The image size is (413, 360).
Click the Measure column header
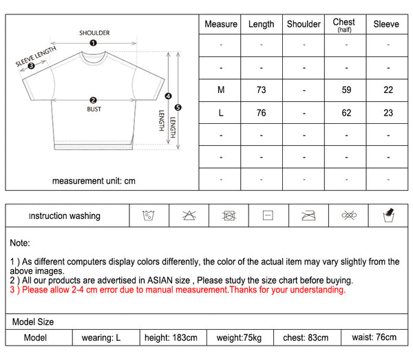tap(221, 24)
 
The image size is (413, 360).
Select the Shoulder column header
tap(304, 24)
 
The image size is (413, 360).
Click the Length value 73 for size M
tap(262, 90)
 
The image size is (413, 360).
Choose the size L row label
tap(221, 113)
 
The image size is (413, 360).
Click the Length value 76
tap(262, 113)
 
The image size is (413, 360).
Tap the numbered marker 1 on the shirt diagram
tap(94, 43)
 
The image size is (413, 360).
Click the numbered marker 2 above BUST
tap(94, 100)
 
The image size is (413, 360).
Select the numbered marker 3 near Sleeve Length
tap(30, 66)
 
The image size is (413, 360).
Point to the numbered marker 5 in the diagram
tap(178, 107)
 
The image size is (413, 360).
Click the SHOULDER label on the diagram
tap(94, 32)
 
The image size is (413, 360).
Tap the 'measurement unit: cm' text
tap(94, 181)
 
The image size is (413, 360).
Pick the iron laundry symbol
tap(308, 215)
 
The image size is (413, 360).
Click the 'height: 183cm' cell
tap(171, 337)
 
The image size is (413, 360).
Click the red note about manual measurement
tap(178, 290)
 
